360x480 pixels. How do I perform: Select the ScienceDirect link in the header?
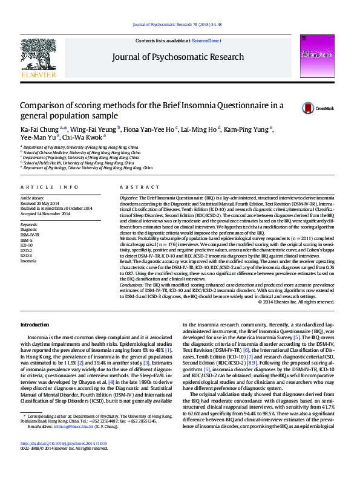tap(206, 41)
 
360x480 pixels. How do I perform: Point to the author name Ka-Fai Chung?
tap(39, 128)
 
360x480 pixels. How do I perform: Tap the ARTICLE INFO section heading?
tap(50, 187)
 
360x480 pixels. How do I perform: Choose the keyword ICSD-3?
tap(27, 255)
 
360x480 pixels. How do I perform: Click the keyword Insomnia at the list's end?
tap(28, 261)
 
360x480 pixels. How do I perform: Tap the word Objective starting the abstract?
tap(129, 198)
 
